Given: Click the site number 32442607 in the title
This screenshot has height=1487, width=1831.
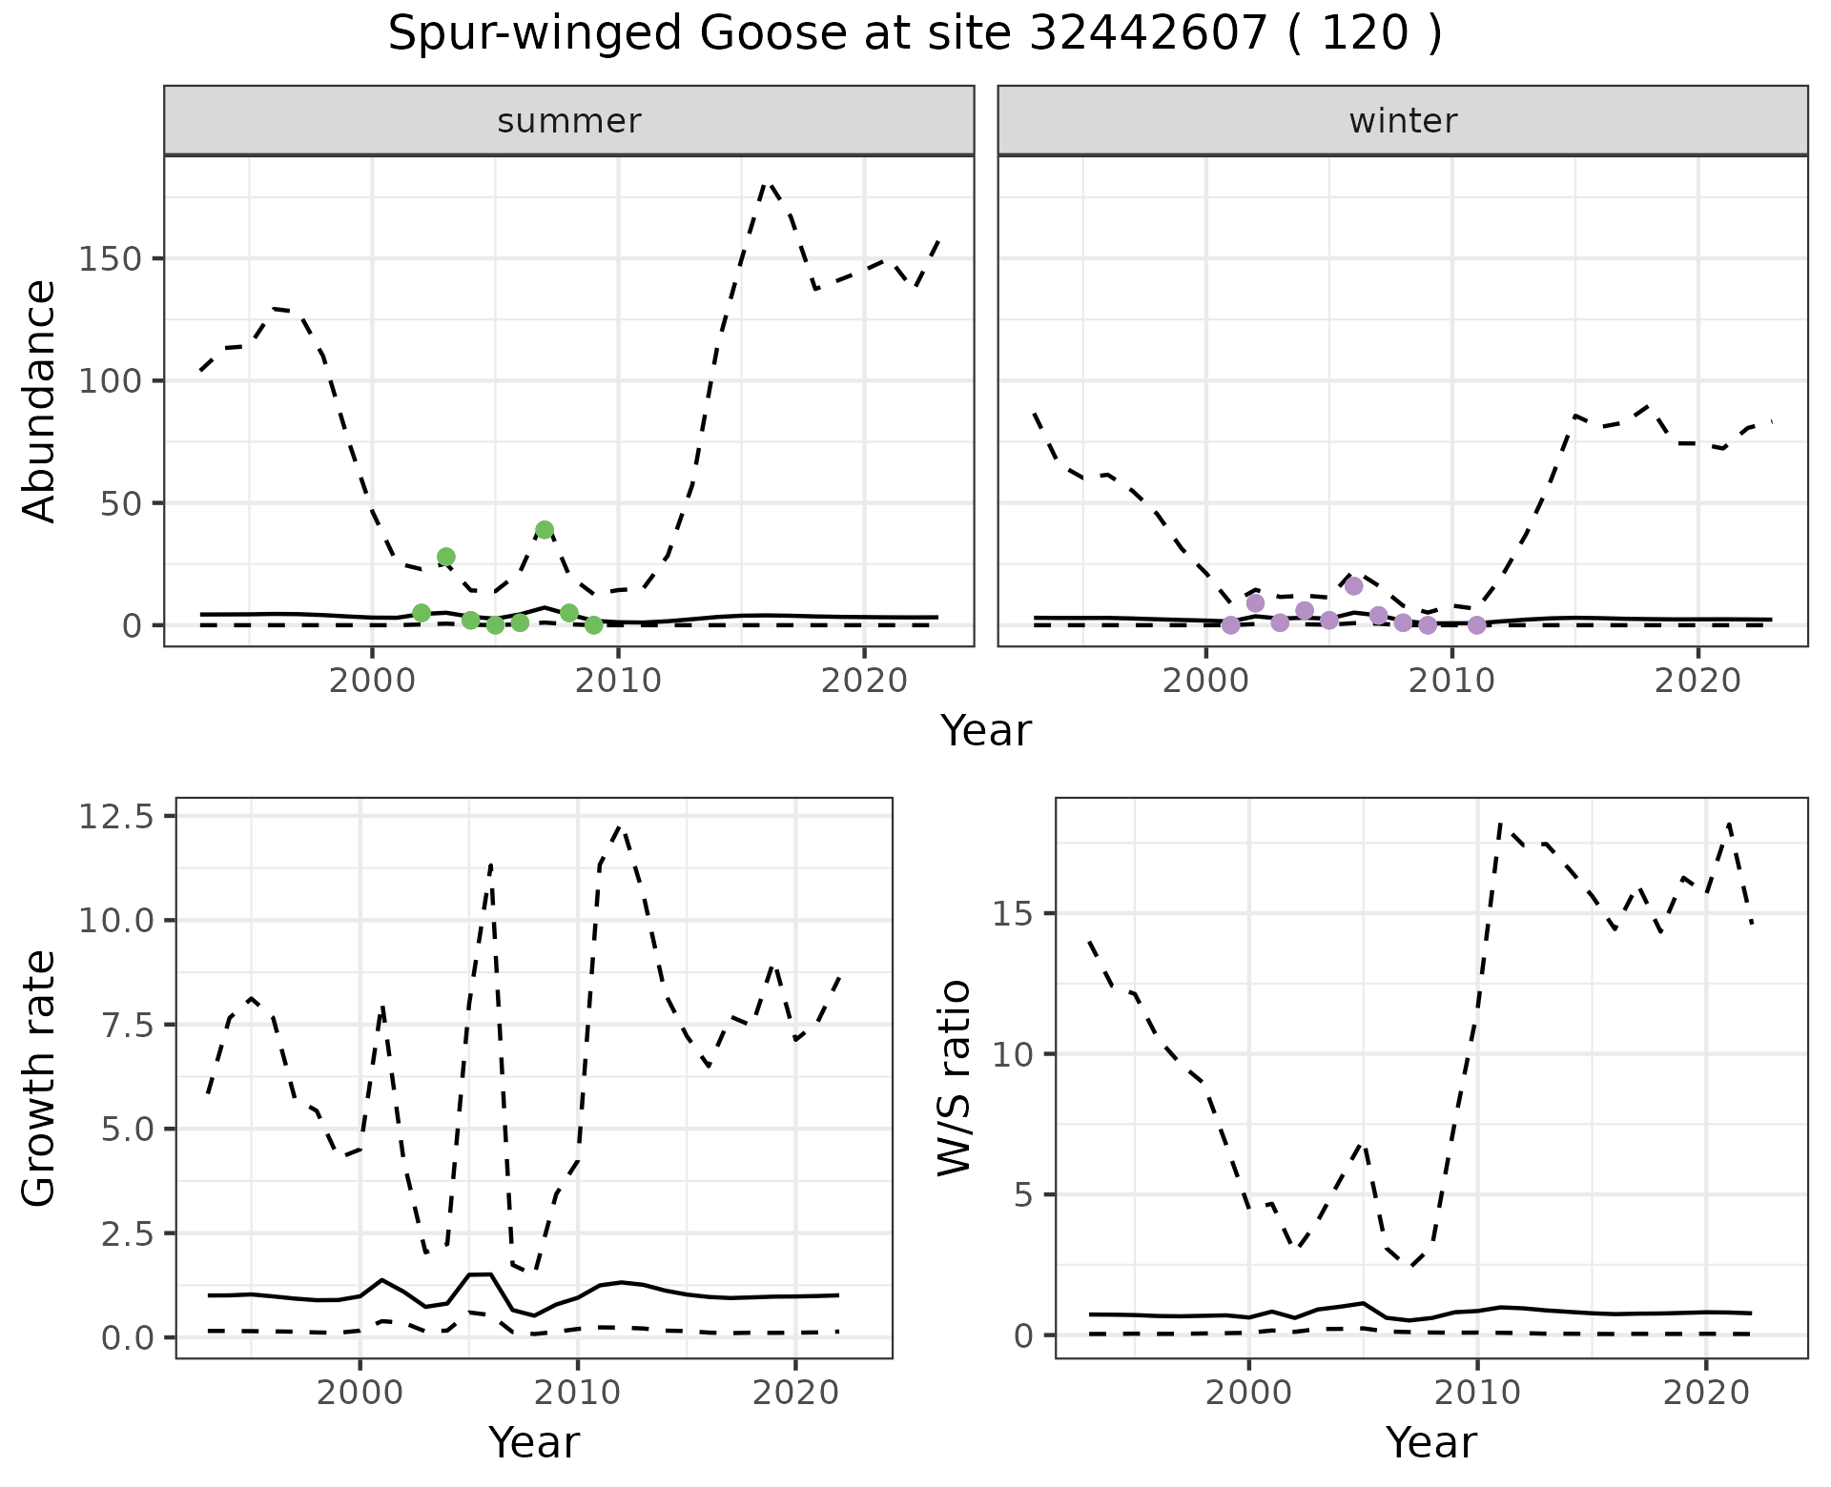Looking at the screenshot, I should (1149, 34).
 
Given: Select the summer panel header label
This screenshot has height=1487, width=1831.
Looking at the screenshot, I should (569, 121).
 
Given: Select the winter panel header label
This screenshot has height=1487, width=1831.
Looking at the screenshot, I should (1403, 121).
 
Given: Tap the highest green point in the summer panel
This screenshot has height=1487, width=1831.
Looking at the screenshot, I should (545, 530).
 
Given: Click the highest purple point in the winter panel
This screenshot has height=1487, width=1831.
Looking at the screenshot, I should (1354, 586).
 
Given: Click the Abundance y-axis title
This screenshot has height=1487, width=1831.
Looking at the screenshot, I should (40, 400).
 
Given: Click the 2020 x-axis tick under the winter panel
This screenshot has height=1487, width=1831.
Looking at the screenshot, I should (1697, 682).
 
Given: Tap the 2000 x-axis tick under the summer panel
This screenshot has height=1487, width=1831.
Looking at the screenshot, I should (373, 682).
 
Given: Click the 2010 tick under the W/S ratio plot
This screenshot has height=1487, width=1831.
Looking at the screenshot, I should (1477, 1393).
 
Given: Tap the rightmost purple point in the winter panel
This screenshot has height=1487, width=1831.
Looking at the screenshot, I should (1477, 625).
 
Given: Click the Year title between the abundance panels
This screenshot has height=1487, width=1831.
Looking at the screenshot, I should (986, 731).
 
